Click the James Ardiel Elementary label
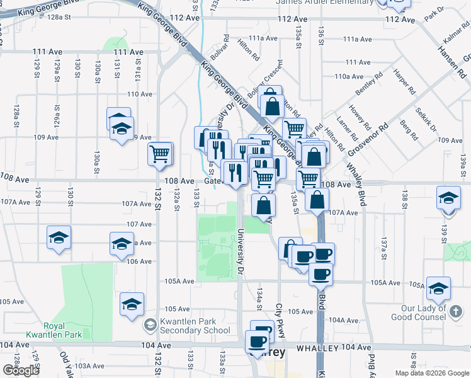(x=325, y=3)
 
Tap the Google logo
(x=21, y=370)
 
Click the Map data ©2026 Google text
(x=431, y=373)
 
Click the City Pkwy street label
(x=280, y=320)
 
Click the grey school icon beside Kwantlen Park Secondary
(x=150, y=326)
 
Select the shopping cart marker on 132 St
(x=160, y=152)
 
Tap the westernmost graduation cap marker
(x=59, y=238)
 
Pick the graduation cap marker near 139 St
(x=448, y=198)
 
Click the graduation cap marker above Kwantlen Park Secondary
(x=132, y=304)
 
